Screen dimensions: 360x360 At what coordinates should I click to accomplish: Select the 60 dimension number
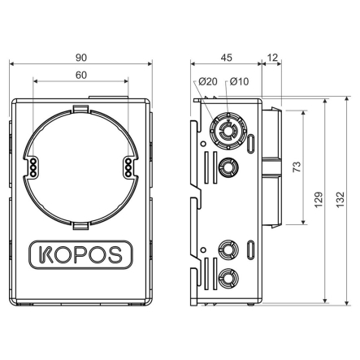click(82, 74)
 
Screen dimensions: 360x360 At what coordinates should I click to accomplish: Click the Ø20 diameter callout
click(208, 81)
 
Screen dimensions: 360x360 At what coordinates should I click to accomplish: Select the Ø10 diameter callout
click(239, 81)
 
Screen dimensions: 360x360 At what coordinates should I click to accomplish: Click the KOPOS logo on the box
click(81, 254)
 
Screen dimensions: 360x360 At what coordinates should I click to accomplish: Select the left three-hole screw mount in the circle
click(34, 167)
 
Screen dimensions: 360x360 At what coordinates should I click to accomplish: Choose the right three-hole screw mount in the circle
click(128, 167)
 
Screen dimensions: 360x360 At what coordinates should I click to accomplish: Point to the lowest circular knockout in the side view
click(228, 278)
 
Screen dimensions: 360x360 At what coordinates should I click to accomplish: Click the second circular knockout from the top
click(228, 167)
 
